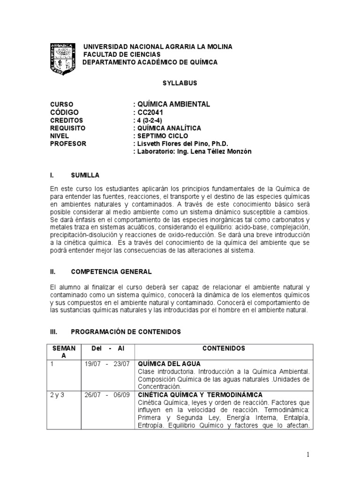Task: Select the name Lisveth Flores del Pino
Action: pyautogui.click(x=178, y=143)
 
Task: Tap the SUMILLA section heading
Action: pyautogui.click(x=85, y=175)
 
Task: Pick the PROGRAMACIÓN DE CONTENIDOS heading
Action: pyautogui.click(x=126, y=331)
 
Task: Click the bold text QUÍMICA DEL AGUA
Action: pyautogui.click(x=169, y=364)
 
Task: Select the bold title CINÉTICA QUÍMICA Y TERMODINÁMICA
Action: pyautogui.click(x=200, y=395)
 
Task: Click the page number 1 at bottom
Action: pyautogui.click(x=308, y=455)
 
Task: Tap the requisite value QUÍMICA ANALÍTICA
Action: pyautogui.click(x=168, y=128)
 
